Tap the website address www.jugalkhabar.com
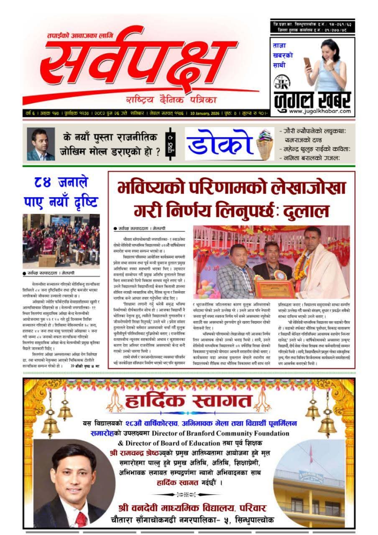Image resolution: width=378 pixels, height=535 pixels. pyautogui.click(x=318, y=111)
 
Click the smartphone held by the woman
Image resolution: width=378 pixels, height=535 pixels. pyautogui.click(x=308, y=63)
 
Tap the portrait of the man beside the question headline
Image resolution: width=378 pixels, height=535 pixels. pyautogui.click(x=41, y=144)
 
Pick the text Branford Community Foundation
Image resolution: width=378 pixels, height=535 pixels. pyautogui.click(x=238, y=433)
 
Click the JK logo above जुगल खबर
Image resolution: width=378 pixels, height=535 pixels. pyautogui.click(x=280, y=83)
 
